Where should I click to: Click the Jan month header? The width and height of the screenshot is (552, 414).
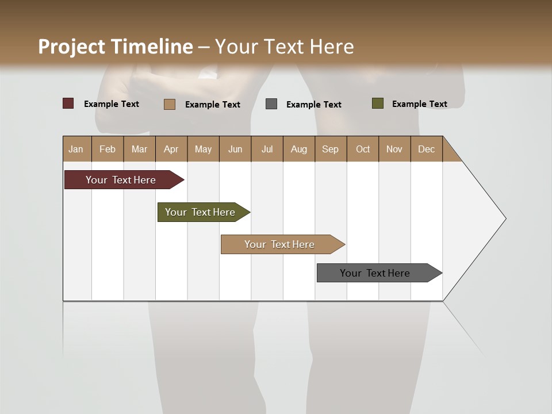tap(76, 149)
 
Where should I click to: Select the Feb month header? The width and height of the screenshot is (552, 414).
tap(108, 149)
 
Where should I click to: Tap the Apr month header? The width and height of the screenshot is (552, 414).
tap(171, 149)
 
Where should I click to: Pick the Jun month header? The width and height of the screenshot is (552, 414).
tap(235, 149)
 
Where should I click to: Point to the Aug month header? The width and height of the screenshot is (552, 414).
tap(298, 149)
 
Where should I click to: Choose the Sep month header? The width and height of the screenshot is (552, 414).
tap(330, 149)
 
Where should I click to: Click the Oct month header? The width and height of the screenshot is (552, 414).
tap(363, 149)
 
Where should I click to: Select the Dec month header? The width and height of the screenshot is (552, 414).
tap(426, 149)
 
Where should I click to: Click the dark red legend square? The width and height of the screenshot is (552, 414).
tap(68, 103)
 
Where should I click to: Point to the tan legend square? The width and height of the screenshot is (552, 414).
tap(170, 104)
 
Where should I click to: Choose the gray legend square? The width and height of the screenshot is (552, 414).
tap(271, 104)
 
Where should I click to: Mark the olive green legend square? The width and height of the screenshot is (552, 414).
tap(378, 103)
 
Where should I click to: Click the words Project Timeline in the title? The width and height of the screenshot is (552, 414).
tap(116, 47)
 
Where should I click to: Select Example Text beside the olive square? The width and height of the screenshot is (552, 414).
tap(419, 104)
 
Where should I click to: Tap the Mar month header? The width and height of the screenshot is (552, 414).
tap(139, 149)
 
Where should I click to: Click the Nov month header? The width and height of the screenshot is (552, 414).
tap(394, 149)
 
